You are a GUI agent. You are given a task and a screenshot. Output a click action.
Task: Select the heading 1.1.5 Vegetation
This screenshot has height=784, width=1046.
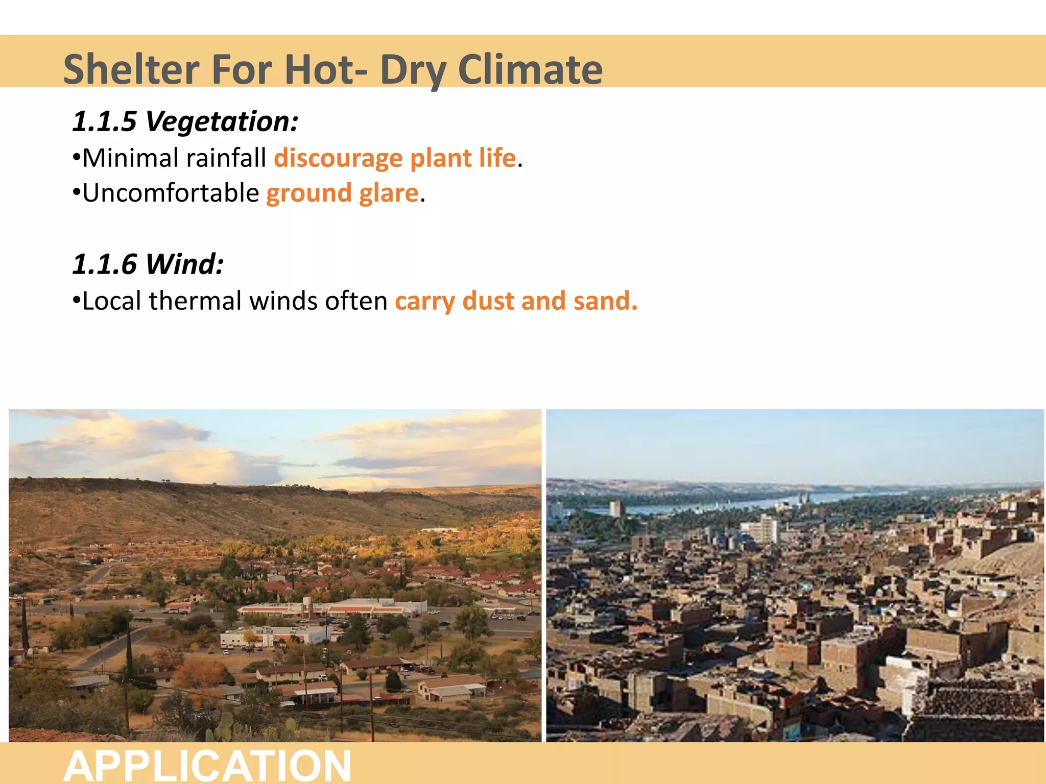coord(185,121)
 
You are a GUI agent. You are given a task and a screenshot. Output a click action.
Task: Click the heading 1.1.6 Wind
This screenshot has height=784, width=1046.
coord(148,264)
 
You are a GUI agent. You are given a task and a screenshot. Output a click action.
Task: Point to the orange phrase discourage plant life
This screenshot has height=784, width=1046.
coord(395,158)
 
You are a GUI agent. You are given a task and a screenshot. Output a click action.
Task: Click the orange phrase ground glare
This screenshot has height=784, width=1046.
coord(342,193)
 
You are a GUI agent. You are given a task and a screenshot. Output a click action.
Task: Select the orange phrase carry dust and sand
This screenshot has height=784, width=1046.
coord(516,301)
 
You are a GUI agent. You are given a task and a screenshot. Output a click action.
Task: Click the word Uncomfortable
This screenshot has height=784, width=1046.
coord(171,193)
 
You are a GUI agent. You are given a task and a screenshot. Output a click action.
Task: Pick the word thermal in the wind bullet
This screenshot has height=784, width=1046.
coord(195,301)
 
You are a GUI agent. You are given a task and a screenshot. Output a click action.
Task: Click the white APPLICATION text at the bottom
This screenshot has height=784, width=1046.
coord(207,765)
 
